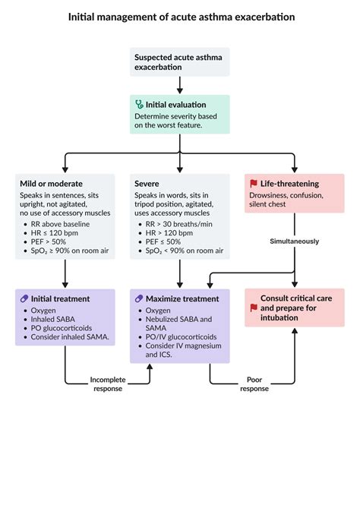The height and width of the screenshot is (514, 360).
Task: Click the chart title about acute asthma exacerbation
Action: coord(180,16)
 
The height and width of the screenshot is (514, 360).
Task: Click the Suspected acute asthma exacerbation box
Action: coord(179,61)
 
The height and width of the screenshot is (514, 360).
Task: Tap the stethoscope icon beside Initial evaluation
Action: coord(139,104)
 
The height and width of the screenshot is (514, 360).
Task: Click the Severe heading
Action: coord(146,184)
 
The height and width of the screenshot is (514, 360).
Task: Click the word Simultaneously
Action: coord(294,241)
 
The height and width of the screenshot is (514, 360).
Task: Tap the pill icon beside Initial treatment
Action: coord(25,299)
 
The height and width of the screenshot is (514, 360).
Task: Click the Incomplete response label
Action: coord(107,383)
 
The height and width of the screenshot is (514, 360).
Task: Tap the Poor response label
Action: coord(254,383)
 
